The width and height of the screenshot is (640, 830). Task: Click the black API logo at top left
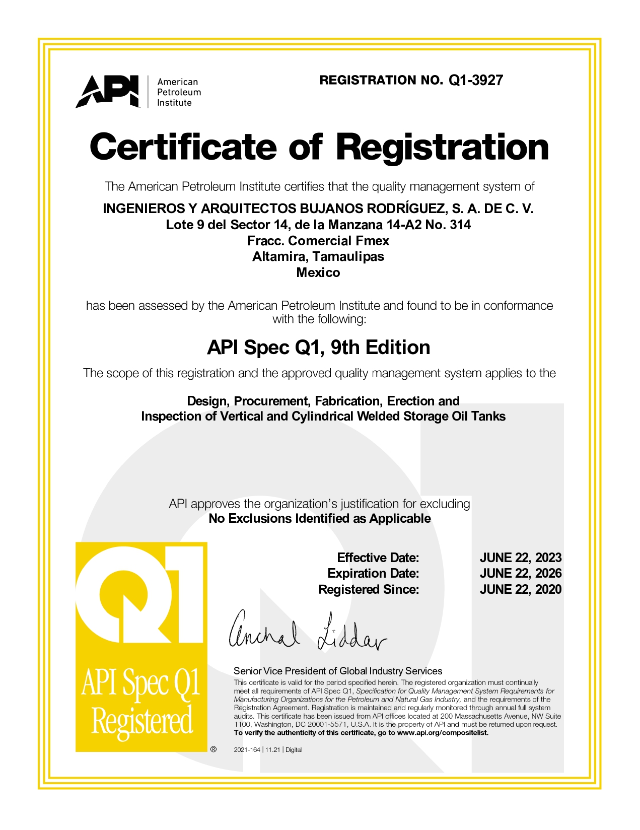click(x=107, y=91)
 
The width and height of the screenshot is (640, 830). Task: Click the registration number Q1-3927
click(x=475, y=81)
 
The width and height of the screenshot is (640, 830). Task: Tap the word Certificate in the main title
click(x=183, y=147)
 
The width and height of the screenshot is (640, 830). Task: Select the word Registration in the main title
click(x=442, y=147)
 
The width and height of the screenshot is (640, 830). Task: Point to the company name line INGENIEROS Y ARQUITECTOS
click(x=318, y=209)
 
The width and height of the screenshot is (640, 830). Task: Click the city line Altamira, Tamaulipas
click(x=318, y=256)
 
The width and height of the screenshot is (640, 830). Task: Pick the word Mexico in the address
click(x=318, y=272)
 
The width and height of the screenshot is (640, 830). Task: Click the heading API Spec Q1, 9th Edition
click(x=319, y=348)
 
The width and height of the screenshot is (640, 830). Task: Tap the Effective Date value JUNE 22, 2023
click(x=520, y=558)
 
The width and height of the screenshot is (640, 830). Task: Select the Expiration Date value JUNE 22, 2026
click(x=520, y=573)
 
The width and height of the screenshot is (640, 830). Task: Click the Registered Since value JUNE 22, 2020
click(x=520, y=589)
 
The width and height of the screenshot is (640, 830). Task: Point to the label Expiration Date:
click(x=373, y=573)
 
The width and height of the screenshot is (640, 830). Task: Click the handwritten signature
click(x=307, y=632)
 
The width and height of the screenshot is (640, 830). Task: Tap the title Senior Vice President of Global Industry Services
click(x=338, y=671)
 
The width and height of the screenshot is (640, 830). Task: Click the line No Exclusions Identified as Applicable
click(x=320, y=519)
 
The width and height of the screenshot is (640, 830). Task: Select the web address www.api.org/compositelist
click(x=443, y=733)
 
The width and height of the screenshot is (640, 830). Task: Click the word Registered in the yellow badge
click(x=142, y=721)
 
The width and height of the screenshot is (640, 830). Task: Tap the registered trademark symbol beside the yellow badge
click(x=214, y=749)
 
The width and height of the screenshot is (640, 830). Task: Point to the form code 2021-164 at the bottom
click(x=247, y=750)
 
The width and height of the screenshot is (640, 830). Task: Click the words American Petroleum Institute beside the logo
click(x=179, y=92)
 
